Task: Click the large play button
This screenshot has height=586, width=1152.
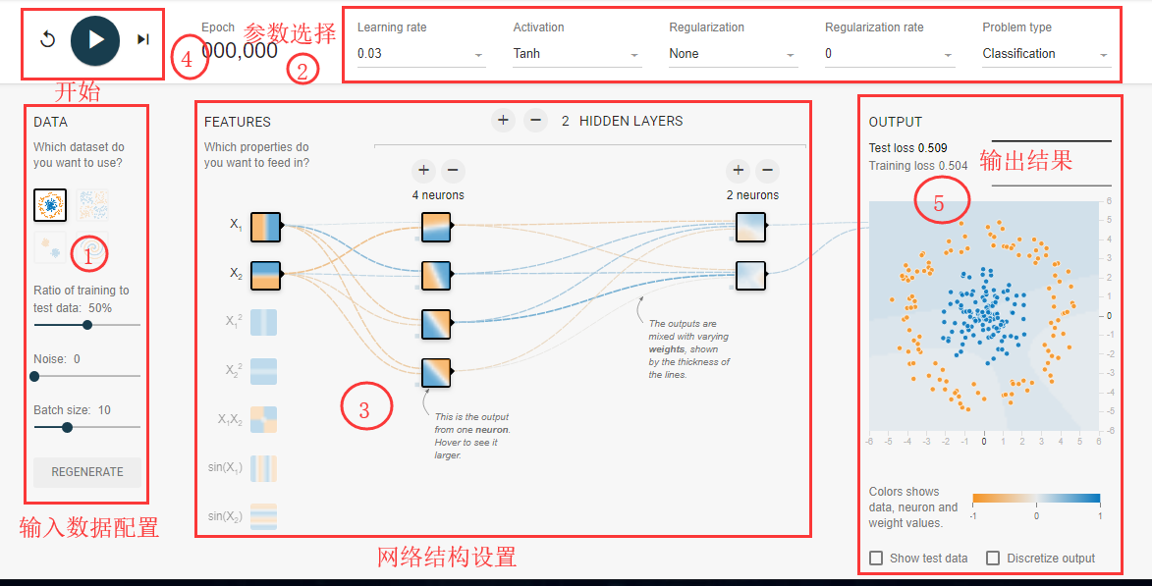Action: [95, 39]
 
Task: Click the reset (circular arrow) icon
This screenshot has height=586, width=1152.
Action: [47, 39]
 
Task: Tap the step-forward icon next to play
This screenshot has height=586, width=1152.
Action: [143, 39]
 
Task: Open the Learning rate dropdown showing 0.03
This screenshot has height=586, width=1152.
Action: [420, 54]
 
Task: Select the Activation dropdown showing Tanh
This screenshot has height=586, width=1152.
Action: [576, 54]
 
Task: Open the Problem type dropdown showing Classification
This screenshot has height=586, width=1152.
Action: [1045, 54]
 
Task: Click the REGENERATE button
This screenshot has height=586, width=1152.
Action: [87, 472]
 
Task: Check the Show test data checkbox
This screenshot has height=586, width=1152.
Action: [877, 559]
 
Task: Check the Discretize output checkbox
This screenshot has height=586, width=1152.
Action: [993, 559]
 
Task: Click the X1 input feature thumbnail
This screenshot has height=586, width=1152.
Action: [265, 226]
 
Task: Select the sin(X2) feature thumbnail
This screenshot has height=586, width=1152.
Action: [263, 517]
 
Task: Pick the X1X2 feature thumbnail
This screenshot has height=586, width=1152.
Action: [263, 420]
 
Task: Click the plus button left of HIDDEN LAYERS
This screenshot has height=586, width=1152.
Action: [503, 121]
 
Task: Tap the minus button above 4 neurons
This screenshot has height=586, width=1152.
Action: [453, 171]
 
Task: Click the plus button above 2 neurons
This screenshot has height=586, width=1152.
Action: [739, 171]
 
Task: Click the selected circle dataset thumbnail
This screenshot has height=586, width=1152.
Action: [50, 204]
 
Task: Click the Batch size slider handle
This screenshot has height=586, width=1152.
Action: [67, 427]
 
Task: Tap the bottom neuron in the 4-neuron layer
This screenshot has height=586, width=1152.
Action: [436, 373]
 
